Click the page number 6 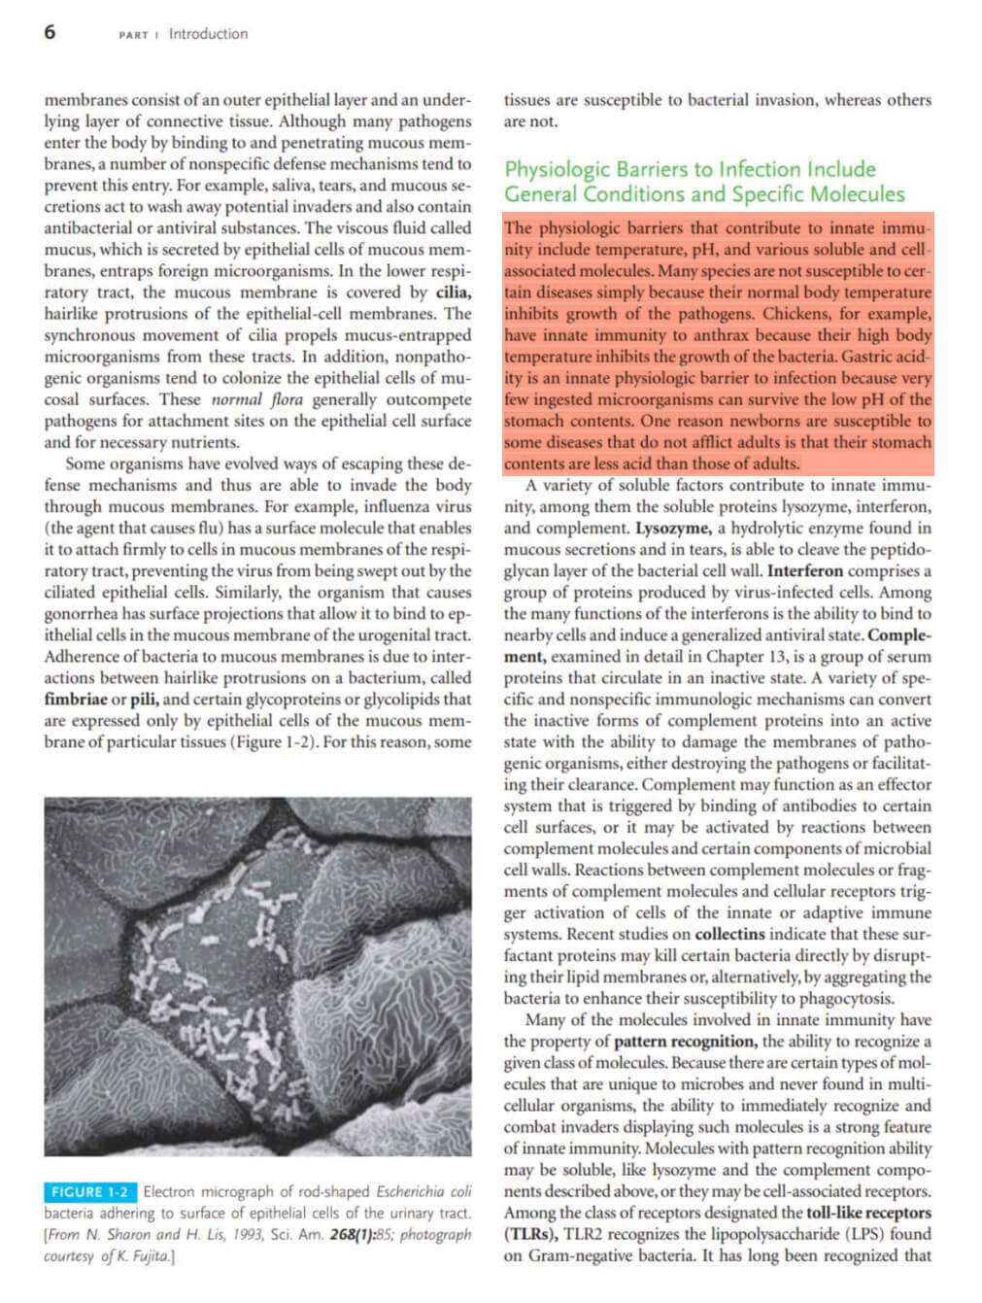click(50, 32)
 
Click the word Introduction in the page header click(208, 34)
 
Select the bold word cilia click(454, 292)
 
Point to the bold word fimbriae click(76, 700)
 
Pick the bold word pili click(143, 700)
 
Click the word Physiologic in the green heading click(558, 169)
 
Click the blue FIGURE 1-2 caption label click(89, 1192)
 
